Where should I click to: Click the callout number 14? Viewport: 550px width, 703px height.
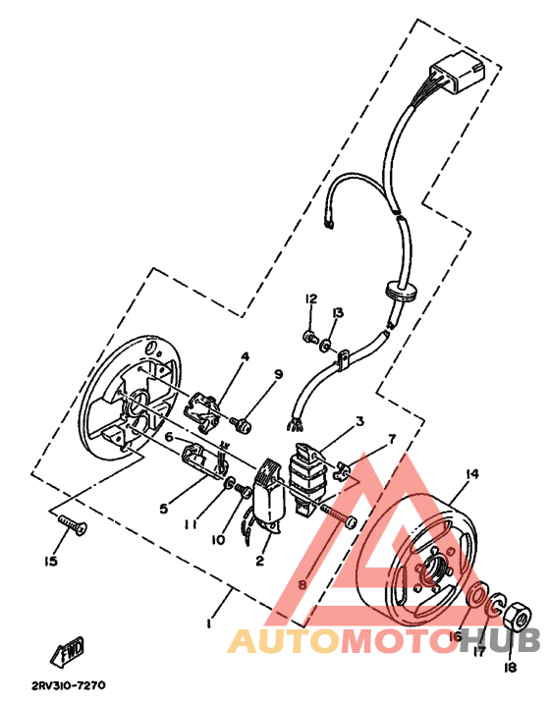click(x=471, y=474)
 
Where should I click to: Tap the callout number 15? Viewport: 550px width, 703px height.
click(x=50, y=562)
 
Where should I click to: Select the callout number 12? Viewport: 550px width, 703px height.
click(x=310, y=298)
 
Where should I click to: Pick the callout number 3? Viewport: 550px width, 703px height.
click(x=359, y=421)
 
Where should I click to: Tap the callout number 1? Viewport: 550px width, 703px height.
click(x=208, y=622)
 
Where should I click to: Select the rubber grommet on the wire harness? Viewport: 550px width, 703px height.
click(x=397, y=289)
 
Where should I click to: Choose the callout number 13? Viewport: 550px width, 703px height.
click(x=337, y=312)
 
